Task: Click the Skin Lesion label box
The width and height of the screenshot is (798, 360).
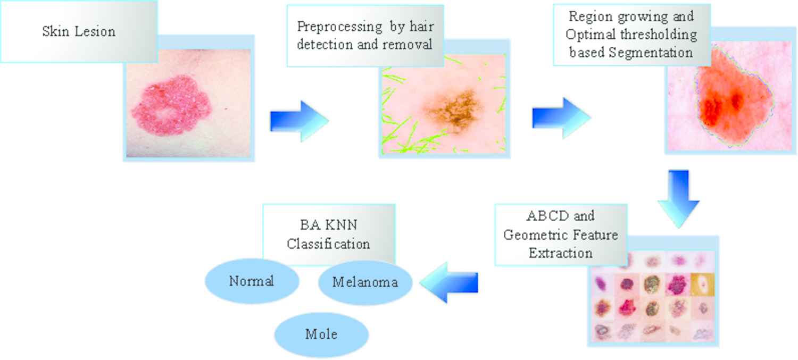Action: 79,31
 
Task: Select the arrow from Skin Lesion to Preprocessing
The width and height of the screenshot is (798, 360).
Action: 298,121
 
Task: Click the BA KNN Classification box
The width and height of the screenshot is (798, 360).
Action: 329,234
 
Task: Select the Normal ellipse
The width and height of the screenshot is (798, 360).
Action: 252,281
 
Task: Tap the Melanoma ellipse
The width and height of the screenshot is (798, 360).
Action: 365,282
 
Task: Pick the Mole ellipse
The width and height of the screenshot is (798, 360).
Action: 321,334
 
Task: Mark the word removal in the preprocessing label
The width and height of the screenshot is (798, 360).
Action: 411,45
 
